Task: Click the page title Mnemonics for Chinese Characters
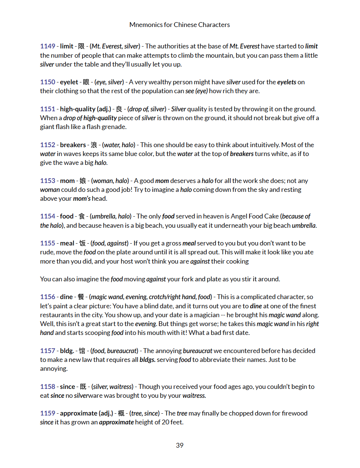180,25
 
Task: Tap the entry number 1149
48,46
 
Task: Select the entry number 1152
48,145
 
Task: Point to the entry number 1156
48,297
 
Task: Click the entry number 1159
48,413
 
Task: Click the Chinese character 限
81,46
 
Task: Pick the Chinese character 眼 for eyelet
86,82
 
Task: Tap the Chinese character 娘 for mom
83,181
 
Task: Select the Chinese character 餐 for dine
81,297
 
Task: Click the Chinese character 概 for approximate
121,413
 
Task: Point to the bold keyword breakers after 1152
73,145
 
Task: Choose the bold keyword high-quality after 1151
78,109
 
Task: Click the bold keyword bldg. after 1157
67,351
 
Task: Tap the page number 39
180,445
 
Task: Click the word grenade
115,127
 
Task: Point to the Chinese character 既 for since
83,387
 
